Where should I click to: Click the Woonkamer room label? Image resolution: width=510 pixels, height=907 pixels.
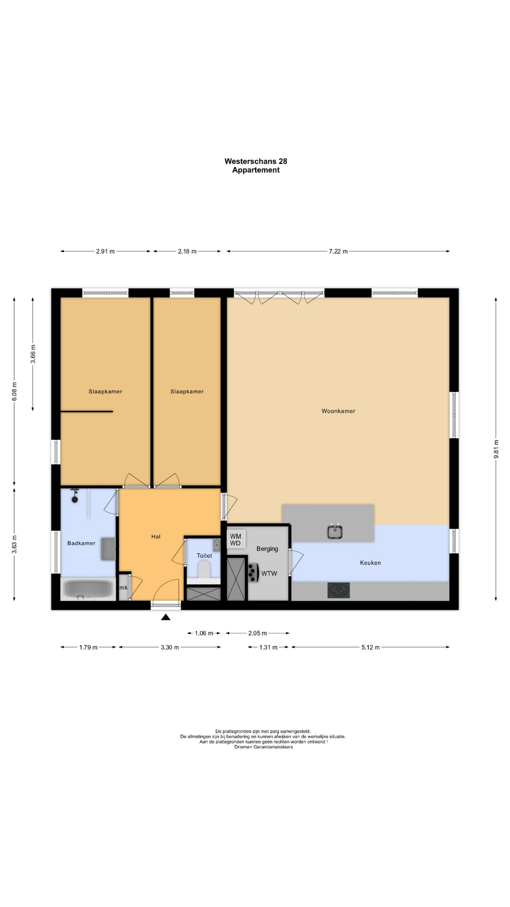[x=338, y=411]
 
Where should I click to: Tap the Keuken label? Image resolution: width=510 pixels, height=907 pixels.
[x=370, y=563]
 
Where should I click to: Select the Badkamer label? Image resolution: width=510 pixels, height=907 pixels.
[x=81, y=543]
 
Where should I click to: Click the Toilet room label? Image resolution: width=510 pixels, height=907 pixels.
[x=204, y=556]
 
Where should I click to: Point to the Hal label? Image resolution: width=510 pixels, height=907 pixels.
[x=156, y=537]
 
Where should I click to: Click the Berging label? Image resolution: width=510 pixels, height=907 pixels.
[x=267, y=549]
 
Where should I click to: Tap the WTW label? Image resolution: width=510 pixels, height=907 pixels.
[x=269, y=573]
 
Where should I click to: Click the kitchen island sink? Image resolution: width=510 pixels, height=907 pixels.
[x=335, y=531]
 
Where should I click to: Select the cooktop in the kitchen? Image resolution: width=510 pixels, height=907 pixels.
[x=339, y=590]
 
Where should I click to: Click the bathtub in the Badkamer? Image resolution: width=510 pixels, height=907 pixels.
[x=88, y=589]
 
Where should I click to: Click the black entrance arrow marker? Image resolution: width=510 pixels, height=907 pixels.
[x=165, y=617]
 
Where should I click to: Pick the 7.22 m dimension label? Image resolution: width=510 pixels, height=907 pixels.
[x=338, y=251]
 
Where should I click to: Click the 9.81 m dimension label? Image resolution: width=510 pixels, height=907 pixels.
[x=496, y=449]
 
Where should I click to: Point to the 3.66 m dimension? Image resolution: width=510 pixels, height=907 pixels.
[x=33, y=354]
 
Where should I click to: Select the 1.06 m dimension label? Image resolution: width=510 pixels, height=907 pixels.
[x=204, y=633]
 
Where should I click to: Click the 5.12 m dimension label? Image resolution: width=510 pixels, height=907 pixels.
[x=371, y=647]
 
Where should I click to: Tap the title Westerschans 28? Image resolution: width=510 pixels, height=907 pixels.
[x=256, y=161]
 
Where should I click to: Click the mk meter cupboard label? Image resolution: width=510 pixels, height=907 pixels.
[x=124, y=588]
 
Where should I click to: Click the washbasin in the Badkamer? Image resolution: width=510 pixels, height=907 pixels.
[x=108, y=548]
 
